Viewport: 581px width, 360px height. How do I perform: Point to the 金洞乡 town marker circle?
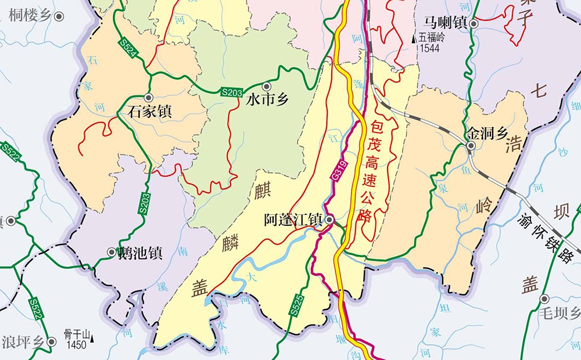(x=471, y=145)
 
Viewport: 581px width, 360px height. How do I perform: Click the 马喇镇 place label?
(x=446, y=23)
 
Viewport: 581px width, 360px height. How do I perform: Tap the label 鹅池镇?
(x=140, y=253)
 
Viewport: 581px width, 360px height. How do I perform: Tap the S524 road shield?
(x=129, y=49)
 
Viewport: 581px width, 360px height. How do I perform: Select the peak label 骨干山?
(x=78, y=334)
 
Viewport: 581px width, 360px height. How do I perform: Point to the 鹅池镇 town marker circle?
(x=112, y=252)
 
